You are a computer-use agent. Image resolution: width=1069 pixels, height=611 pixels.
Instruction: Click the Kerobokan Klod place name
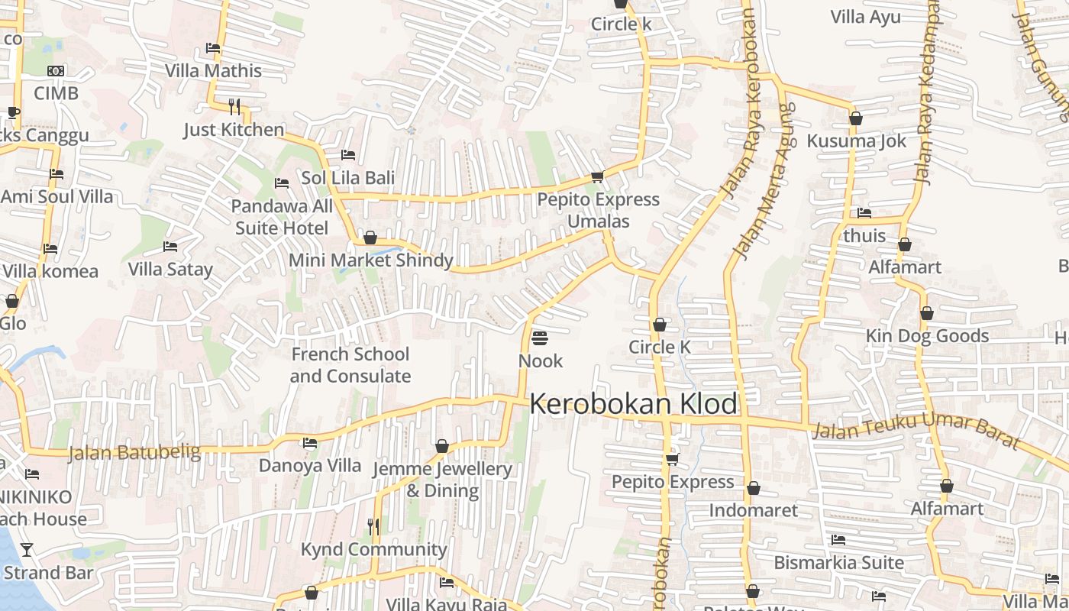point(634,404)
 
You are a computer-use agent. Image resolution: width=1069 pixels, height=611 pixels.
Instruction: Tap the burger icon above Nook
point(540,338)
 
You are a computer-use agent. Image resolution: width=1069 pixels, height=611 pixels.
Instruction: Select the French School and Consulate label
point(350,365)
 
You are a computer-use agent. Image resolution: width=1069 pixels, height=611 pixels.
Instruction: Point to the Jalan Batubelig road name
point(134,453)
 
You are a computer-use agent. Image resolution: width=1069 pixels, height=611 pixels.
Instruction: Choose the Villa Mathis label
point(214,71)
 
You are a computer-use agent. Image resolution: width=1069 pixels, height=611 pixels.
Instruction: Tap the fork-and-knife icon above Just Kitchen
point(234,106)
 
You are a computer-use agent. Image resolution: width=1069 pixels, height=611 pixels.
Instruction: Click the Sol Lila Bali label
point(348,178)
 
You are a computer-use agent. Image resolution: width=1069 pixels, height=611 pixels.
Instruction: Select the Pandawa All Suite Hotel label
point(282,217)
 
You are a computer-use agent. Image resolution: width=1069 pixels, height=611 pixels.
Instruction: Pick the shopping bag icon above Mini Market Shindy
point(370,238)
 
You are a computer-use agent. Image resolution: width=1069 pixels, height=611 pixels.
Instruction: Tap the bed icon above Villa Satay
point(170,247)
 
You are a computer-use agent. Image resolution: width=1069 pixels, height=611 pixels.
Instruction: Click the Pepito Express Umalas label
point(599,210)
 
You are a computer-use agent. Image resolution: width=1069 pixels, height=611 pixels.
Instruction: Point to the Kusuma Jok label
point(857,141)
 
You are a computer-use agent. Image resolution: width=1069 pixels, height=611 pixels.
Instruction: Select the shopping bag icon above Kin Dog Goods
point(927,313)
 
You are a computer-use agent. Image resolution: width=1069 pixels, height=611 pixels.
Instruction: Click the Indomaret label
point(753,510)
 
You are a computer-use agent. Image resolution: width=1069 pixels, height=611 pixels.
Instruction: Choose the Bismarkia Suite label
point(838,563)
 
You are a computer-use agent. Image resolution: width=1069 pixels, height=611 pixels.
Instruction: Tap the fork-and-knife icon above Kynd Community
point(373,526)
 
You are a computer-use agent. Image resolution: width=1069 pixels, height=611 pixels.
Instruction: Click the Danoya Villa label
point(310,465)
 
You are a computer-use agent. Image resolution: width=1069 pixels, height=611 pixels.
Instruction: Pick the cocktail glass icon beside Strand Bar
point(27,549)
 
